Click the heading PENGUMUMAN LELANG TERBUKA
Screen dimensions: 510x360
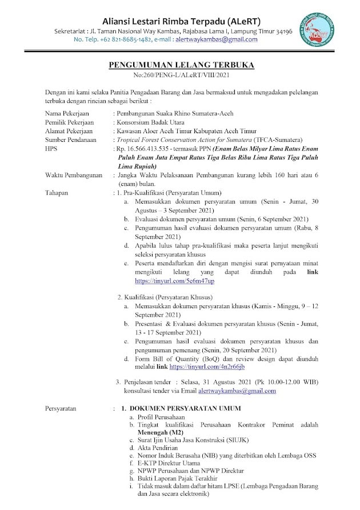pos(181,66)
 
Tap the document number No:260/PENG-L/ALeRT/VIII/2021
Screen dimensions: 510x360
pos(181,75)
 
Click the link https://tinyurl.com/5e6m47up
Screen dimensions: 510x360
pos(174,281)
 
